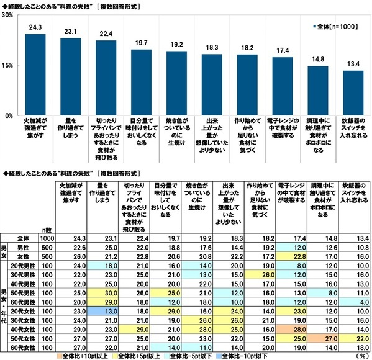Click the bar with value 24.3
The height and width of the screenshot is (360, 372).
coord(35,74)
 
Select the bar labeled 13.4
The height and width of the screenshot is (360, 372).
coord(353,93)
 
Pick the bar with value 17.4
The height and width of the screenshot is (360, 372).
coord(283,86)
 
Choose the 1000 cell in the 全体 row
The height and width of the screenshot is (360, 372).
coord(47,238)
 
